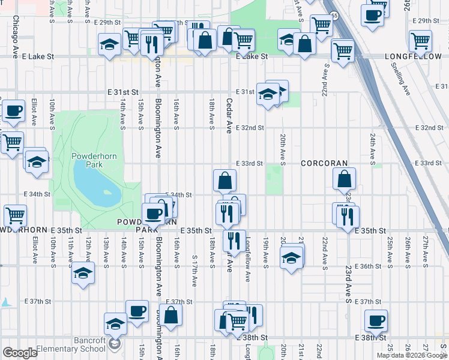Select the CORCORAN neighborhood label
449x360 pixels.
click(x=324, y=163)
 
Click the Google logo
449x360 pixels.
click(x=20, y=353)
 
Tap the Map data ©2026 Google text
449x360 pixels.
click(x=412, y=355)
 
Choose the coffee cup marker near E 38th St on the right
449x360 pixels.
click(x=376, y=321)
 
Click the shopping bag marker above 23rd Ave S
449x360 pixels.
click(x=345, y=179)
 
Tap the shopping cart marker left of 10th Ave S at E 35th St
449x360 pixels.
click(x=15, y=215)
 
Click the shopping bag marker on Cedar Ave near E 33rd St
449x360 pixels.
click(x=224, y=180)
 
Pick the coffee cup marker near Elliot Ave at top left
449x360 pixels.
click(x=13, y=110)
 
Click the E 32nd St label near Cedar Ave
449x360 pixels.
click(x=250, y=128)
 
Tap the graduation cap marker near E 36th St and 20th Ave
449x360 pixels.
click(x=291, y=258)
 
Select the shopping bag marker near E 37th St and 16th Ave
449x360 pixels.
click(x=171, y=316)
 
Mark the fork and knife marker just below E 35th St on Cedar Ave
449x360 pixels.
click(x=234, y=240)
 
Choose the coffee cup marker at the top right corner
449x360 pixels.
click(x=373, y=15)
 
